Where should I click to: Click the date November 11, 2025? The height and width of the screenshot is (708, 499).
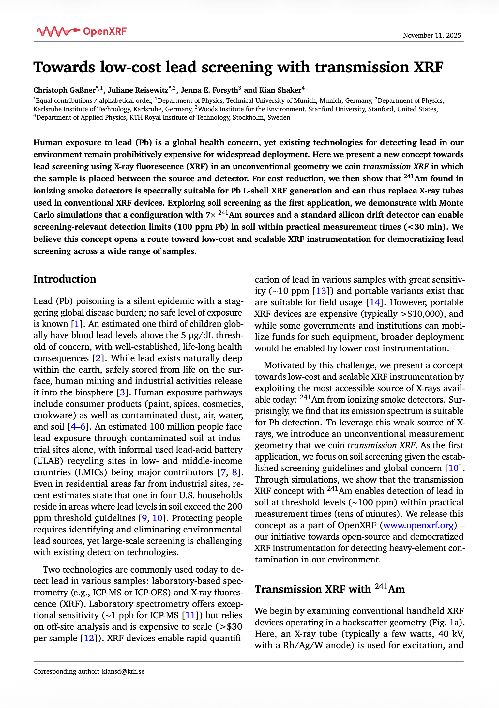click(432, 35)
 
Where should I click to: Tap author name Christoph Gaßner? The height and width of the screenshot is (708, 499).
click(64, 90)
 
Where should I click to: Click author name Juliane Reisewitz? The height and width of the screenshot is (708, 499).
click(138, 90)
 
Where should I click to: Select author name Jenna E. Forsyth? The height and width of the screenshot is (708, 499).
click(209, 90)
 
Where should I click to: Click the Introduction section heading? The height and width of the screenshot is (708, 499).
click(65, 279)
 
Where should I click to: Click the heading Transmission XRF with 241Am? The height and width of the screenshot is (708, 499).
click(329, 589)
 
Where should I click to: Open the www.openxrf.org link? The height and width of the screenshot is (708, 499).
click(418, 525)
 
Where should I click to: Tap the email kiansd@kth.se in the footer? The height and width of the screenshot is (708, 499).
click(123, 671)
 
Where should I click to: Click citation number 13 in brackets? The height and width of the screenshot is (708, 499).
click(321, 291)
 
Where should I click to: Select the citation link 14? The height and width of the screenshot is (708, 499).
click(374, 302)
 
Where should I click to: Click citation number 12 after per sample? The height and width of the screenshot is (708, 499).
click(89, 638)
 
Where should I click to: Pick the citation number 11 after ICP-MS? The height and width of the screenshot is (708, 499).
click(190, 615)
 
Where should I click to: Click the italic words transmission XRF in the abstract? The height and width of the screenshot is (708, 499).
click(396, 167)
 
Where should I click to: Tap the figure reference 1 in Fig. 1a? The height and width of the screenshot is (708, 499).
click(451, 623)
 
